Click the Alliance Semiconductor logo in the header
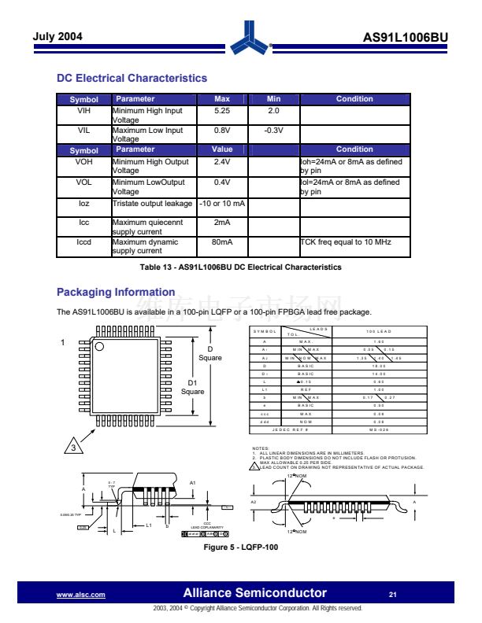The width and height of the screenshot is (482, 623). click(254, 35)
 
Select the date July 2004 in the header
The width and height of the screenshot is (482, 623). click(57, 37)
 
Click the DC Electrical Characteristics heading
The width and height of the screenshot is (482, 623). click(132, 78)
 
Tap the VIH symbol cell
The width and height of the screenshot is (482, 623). click(83, 111)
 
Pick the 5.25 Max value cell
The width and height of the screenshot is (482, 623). click(221, 111)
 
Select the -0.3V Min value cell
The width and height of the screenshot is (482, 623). click(273, 131)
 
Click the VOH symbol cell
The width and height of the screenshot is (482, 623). click(83, 162)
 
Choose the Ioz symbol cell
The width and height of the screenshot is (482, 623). click(83, 203)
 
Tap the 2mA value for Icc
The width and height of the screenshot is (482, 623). click(221, 223)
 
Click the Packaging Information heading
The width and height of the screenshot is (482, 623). click(115, 292)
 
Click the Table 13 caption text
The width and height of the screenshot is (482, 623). click(240, 267)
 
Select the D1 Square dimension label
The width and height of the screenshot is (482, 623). click(192, 387)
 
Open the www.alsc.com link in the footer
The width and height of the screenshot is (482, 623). click(81, 595)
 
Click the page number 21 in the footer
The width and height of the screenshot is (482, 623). click(393, 594)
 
